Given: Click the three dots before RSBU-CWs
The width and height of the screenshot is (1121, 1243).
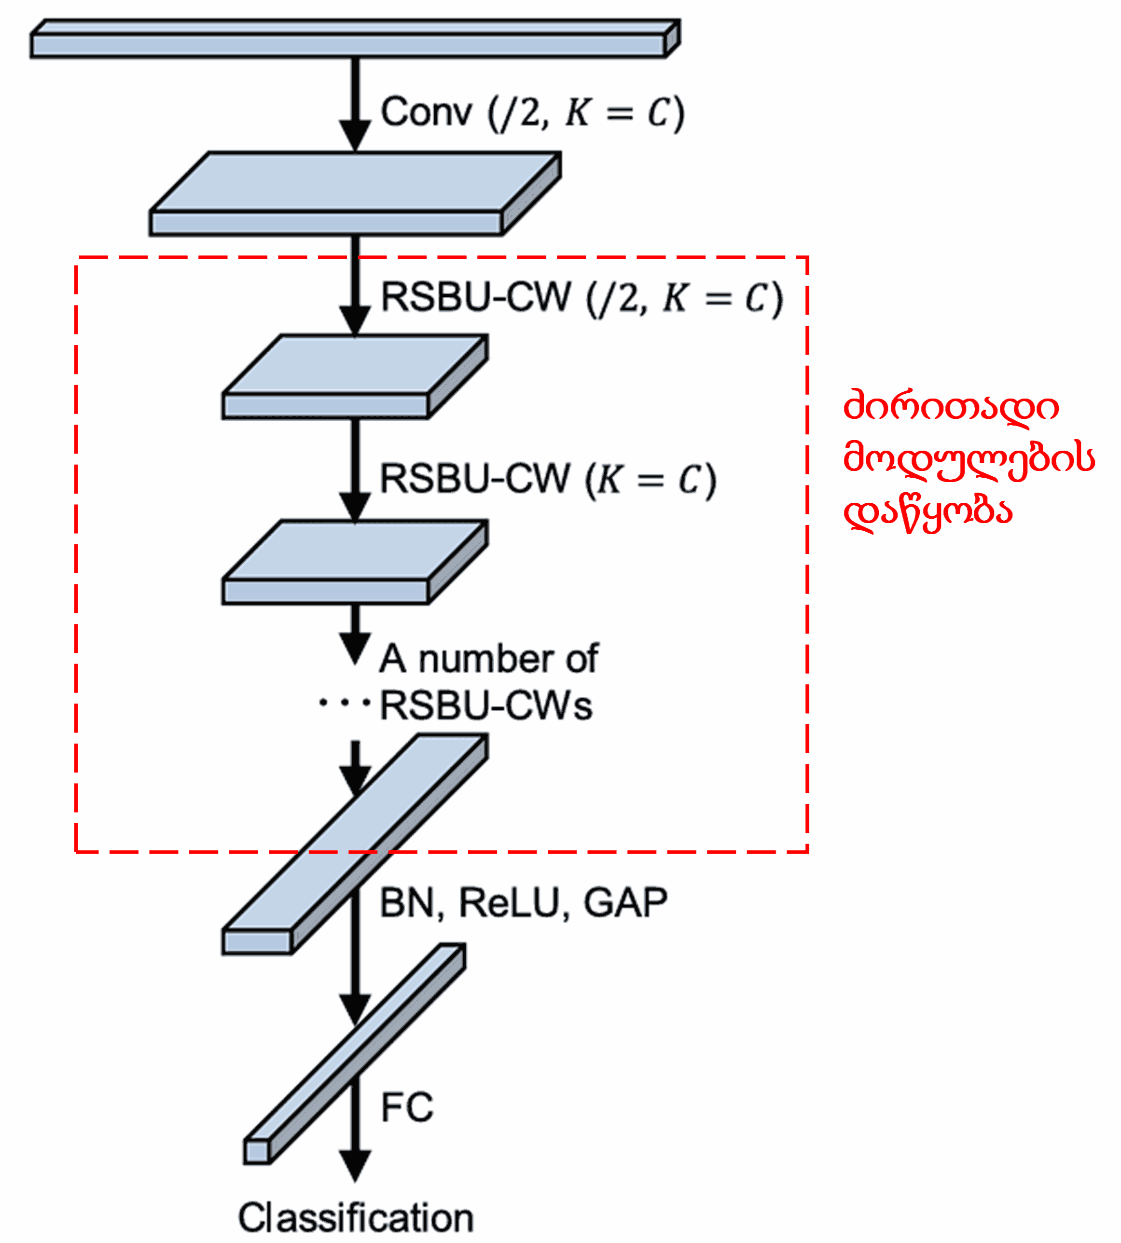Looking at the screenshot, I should click(x=344, y=702).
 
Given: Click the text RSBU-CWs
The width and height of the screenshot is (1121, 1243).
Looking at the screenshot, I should click(x=485, y=705).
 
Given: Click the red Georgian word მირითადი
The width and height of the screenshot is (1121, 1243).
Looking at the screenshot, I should click(x=950, y=407).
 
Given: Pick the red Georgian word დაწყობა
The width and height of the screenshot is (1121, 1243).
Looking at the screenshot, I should click(x=927, y=511).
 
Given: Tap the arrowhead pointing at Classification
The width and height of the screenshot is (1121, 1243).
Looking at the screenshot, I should click(x=355, y=1165).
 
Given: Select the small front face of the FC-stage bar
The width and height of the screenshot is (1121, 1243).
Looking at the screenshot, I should click(x=257, y=1152).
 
